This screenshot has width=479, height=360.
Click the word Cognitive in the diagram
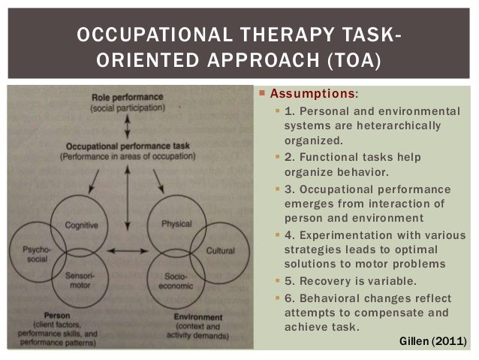coord(80,225)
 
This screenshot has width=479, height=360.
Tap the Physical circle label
coord(176,224)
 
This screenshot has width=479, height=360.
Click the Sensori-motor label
coord(80,280)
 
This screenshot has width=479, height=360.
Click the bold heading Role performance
coord(126,98)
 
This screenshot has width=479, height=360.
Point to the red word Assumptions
coord(313,95)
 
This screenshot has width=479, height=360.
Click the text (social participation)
coord(126,110)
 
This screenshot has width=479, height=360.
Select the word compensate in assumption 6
coord(372,311)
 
